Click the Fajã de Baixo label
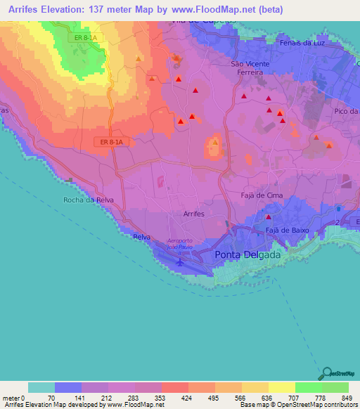click(287, 230)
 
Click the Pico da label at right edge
click(347, 112)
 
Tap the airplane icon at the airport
click(179, 261)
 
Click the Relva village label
click(141, 237)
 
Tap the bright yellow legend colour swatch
click(281, 387)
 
